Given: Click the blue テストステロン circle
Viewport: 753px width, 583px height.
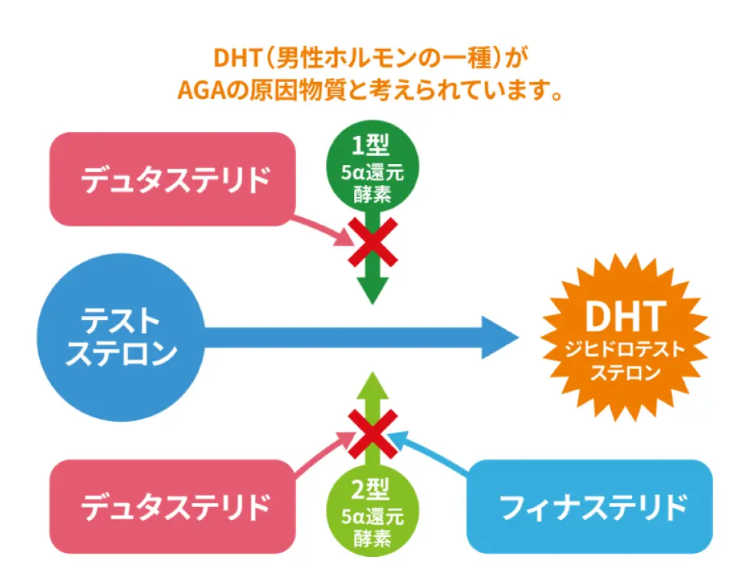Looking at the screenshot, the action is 120,338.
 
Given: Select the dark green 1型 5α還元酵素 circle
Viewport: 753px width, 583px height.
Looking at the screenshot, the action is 372,166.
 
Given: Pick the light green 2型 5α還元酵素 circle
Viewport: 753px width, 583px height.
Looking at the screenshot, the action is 372,511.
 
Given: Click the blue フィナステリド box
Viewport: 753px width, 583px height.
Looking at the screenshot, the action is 590,506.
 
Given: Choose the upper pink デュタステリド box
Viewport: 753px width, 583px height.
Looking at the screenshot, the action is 173,180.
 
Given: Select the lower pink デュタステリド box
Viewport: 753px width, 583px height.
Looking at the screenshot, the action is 173,506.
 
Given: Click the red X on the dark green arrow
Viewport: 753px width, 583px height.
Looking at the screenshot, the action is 373,242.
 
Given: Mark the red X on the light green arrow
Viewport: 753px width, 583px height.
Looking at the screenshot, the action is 373,433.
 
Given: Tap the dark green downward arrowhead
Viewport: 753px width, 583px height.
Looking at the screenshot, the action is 373,290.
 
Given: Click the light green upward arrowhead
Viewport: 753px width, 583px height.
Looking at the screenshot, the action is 373,385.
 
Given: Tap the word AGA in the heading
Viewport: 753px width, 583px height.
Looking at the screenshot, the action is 202,90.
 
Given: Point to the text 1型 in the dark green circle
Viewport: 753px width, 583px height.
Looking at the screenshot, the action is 370,144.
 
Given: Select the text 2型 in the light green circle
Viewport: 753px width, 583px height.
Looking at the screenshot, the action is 370,489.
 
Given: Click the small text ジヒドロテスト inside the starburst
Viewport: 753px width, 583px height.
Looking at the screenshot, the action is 625,349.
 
